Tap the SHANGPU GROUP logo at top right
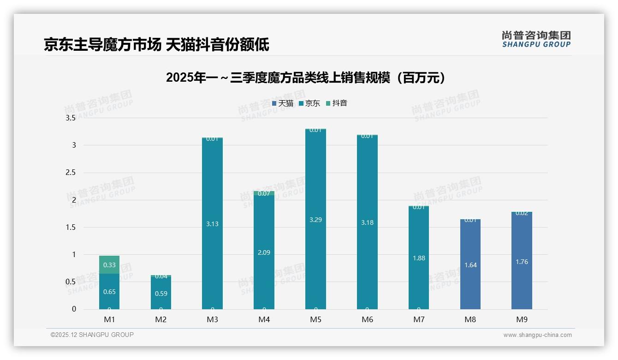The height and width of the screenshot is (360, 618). point(536,39)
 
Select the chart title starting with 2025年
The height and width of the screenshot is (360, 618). point(306,78)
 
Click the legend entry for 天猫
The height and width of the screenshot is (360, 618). point(283,103)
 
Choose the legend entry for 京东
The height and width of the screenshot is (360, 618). point(309,103)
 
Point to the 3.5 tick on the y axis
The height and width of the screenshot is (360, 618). point(71,118)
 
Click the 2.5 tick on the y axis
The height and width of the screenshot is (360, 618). point(71,173)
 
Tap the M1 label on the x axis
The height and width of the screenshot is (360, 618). point(109,319)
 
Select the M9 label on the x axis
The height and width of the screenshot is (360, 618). point(522,319)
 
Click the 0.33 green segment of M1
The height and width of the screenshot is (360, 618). point(109,265)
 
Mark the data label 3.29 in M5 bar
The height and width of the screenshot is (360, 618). point(315,220)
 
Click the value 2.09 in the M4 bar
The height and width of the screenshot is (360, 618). point(264,252)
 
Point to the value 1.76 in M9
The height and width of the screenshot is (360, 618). point(522,262)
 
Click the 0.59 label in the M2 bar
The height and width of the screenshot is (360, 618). point(161,294)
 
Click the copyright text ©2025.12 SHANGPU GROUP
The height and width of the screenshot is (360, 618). point(92,335)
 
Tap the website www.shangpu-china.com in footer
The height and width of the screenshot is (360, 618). point(537,335)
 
